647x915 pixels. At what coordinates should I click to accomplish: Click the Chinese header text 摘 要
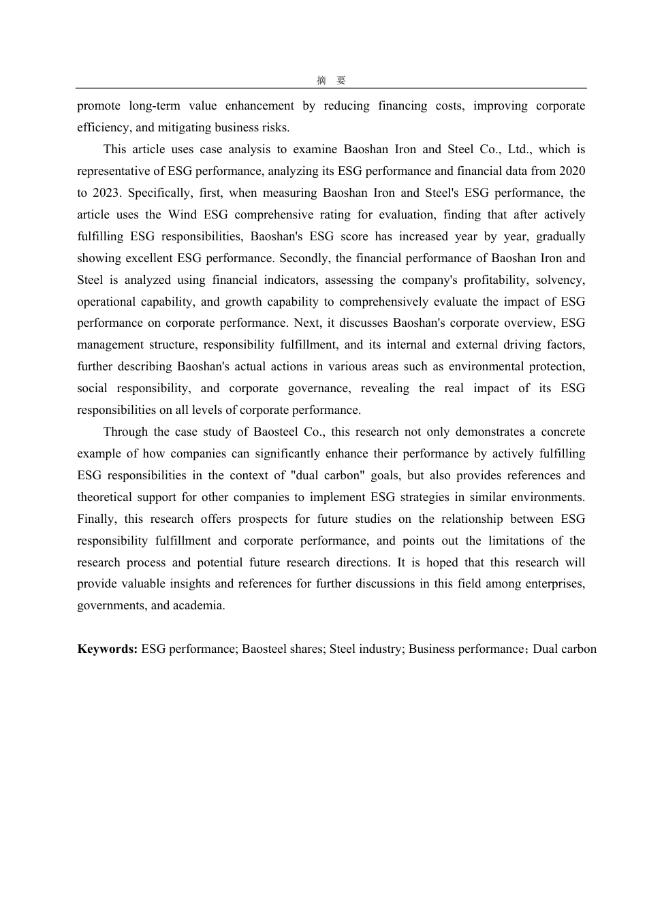point(331,80)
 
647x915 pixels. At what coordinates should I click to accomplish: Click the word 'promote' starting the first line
point(99,106)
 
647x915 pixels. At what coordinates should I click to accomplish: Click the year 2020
point(571,171)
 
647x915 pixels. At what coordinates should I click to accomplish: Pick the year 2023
point(106,193)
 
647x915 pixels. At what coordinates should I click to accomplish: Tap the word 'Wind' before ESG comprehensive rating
point(182,214)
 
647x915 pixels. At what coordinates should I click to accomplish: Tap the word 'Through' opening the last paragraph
point(125,432)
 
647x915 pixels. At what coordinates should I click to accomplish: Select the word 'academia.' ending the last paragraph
point(199,605)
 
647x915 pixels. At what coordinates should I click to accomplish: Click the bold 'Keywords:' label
point(108,649)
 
